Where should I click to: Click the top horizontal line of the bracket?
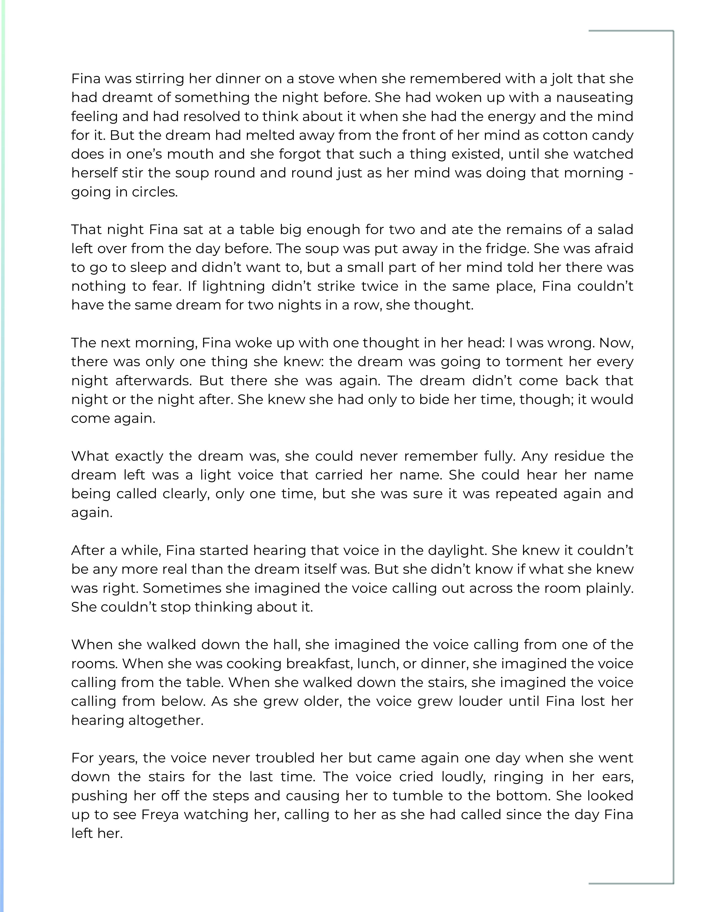point(631,31)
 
